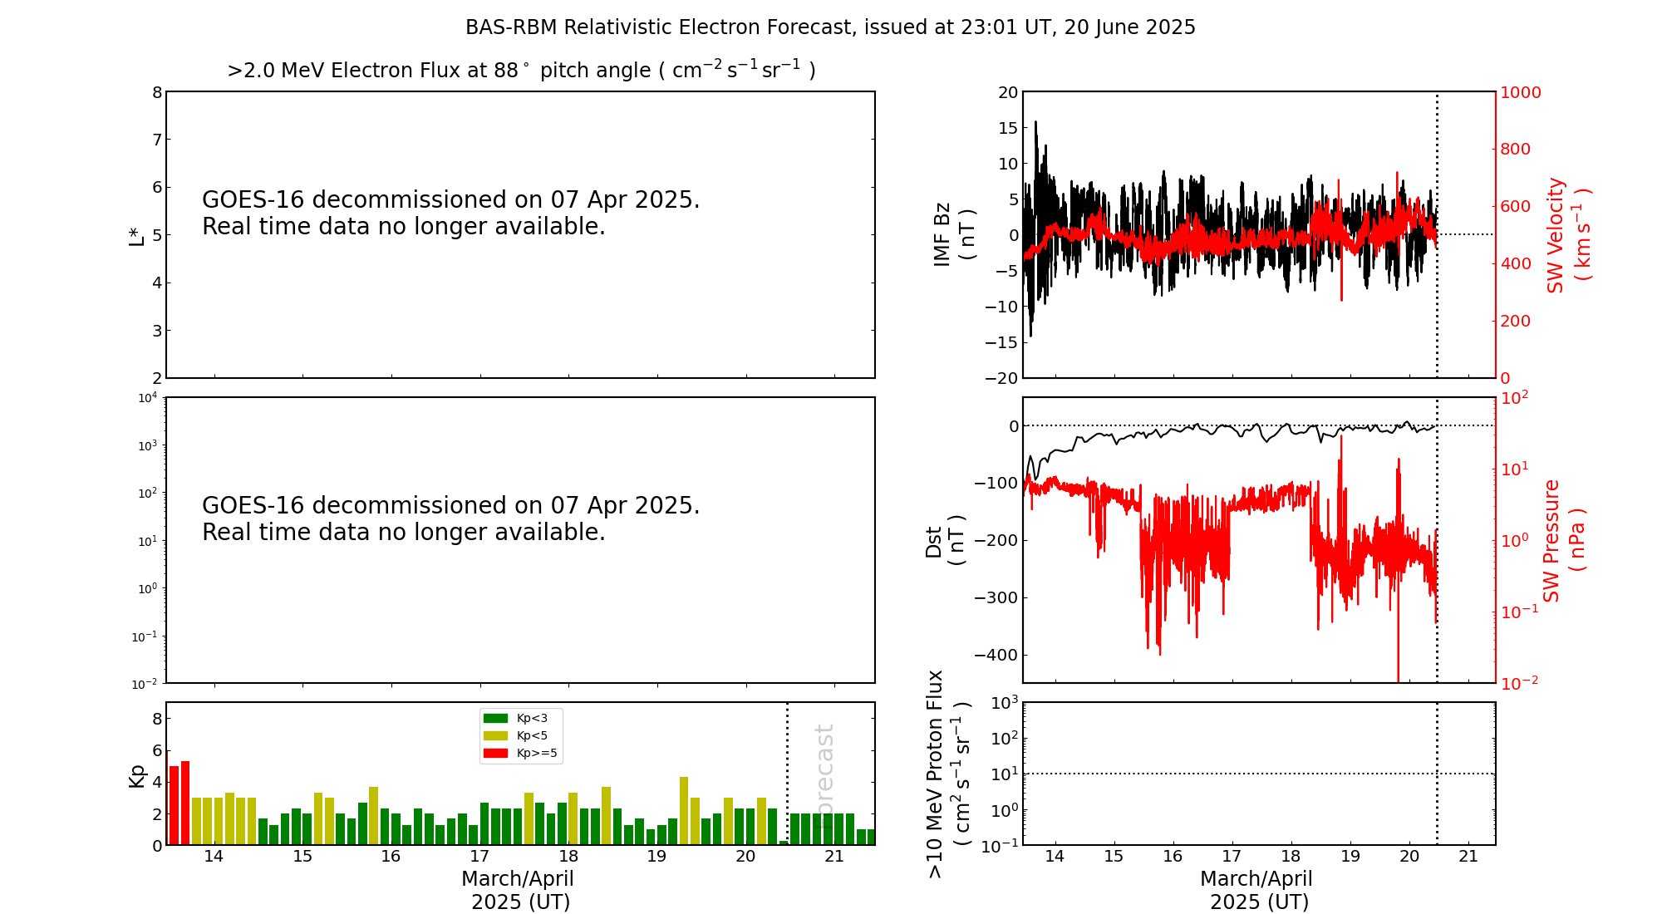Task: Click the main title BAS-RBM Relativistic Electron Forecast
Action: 829,27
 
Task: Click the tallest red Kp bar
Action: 185,802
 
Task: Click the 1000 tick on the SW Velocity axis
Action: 1520,92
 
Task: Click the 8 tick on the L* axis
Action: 157,92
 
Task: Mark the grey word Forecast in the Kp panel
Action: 824,764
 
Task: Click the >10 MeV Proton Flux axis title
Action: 948,774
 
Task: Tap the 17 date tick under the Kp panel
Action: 479,857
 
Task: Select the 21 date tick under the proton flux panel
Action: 1468,857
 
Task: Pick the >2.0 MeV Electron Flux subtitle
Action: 521,70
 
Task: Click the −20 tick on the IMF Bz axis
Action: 1001,378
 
